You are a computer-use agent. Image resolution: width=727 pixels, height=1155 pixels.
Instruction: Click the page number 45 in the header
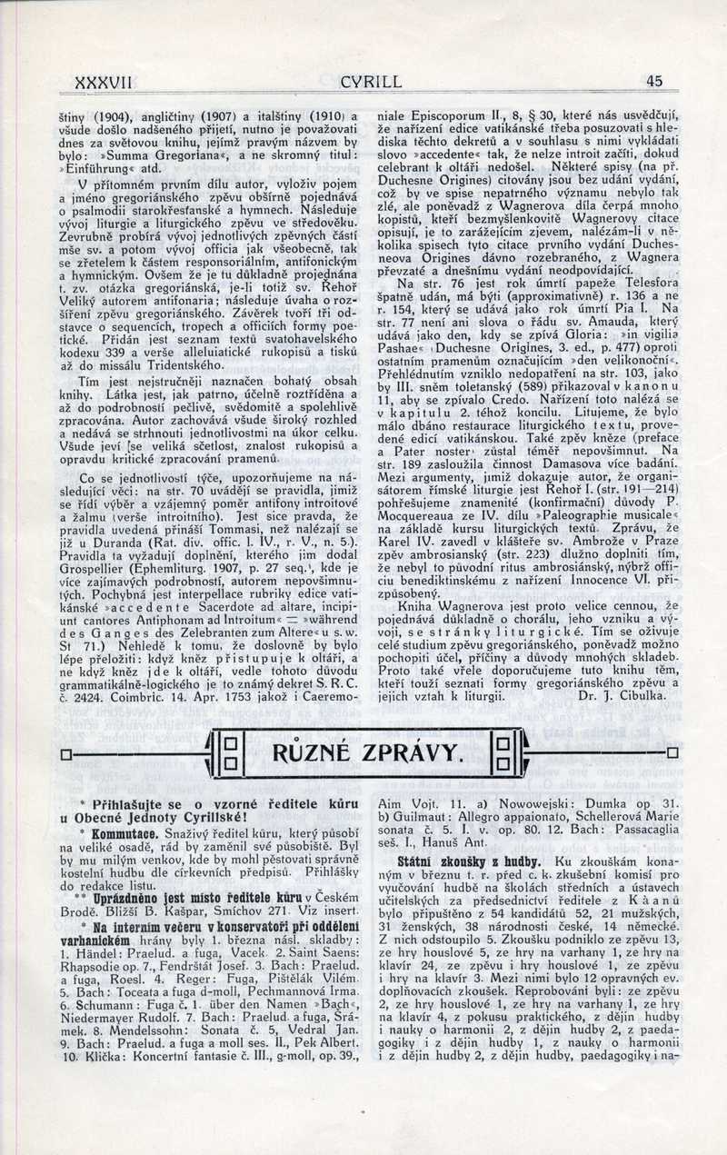click(654, 81)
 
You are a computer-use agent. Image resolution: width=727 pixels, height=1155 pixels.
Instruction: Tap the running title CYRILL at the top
click(371, 82)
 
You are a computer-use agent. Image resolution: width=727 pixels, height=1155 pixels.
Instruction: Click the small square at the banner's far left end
click(65, 753)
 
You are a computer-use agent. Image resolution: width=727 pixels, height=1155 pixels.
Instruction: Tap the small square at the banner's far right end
click(672, 753)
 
